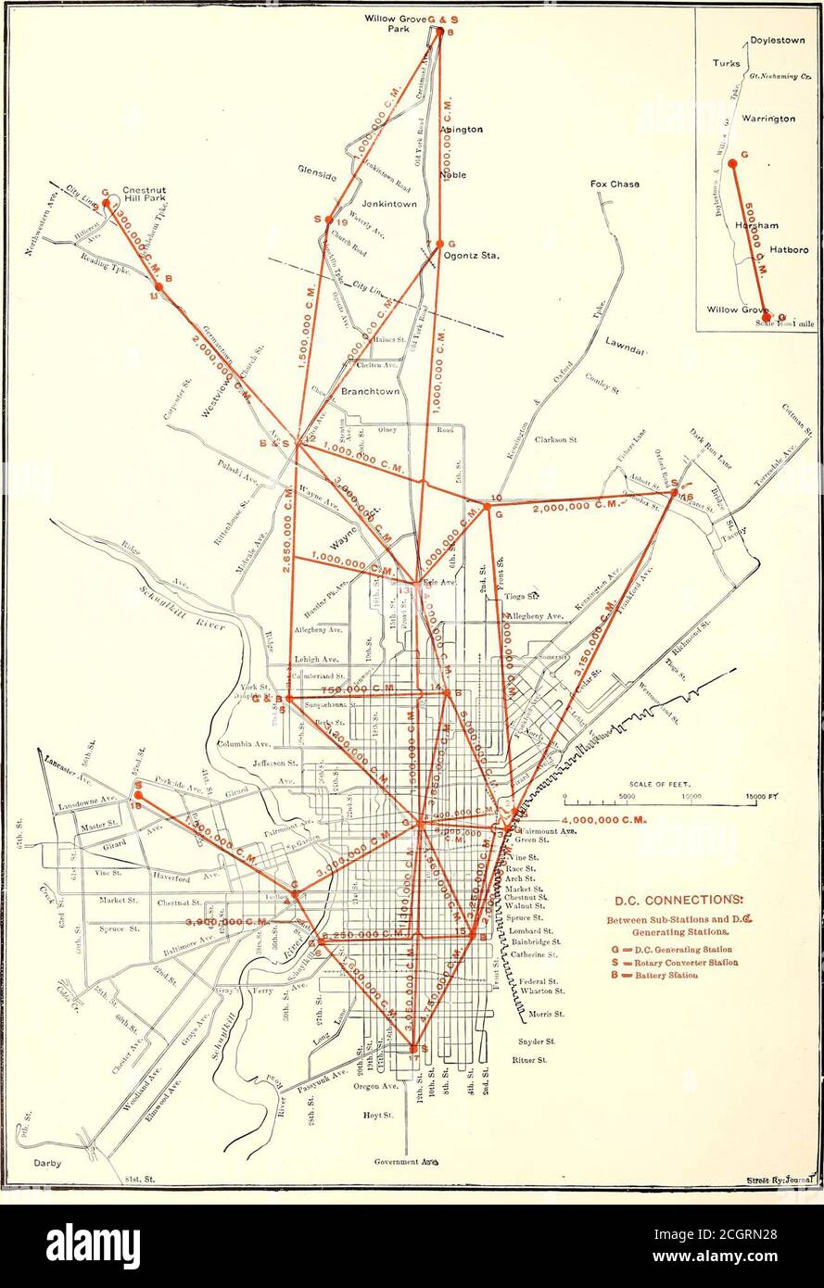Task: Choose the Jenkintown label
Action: click(x=388, y=203)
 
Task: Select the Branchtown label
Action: click(x=370, y=392)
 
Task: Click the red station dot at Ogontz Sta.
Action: click(x=439, y=243)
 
